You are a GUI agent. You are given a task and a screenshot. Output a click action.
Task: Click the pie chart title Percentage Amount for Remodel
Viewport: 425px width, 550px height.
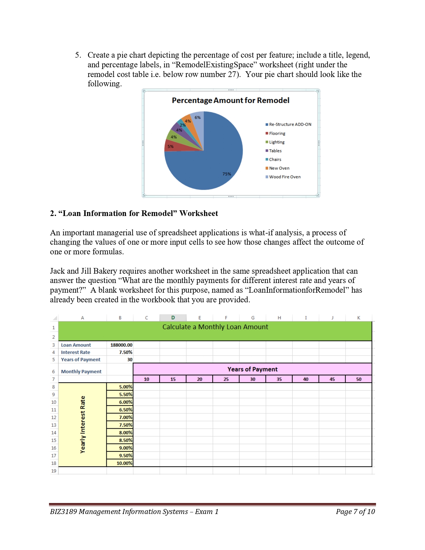click(x=230, y=100)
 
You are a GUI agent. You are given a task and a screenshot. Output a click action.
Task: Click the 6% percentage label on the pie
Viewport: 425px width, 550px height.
click(x=198, y=118)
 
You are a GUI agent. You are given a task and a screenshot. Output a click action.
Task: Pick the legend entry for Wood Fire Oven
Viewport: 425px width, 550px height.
click(x=284, y=177)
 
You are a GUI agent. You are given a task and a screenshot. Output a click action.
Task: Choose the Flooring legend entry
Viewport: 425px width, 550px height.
click(x=277, y=133)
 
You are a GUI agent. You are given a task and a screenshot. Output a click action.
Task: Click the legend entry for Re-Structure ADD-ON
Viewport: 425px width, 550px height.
click(x=290, y=124)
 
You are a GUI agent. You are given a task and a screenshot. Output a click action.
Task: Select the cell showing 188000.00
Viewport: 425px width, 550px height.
click(x=121, y=345)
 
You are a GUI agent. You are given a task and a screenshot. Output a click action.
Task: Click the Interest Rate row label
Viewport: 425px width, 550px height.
click(x=76, y=352)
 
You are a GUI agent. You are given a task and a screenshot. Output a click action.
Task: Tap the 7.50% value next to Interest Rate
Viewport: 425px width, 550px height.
click(x=125, y=352)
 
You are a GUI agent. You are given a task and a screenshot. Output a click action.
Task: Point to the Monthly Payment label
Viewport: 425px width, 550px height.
click(x=81, y=372)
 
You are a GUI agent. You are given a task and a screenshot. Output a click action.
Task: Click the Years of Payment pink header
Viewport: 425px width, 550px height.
click(x=252, y=369)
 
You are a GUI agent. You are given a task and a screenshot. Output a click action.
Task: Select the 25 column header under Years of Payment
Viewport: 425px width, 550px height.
click(x=226, y=379)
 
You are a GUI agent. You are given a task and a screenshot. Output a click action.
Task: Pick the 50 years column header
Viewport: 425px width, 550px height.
click(x=359, y=379)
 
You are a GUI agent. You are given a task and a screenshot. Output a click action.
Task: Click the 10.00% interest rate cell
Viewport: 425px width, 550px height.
click(x=124, y=463)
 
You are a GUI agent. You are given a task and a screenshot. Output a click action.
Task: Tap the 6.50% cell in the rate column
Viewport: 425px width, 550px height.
click(x=125, y=410)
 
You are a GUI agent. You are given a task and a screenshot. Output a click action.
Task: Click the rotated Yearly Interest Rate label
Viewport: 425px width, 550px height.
click(x=83, y=425)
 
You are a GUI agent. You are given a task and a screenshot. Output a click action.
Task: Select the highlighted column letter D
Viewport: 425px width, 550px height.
click(x=173, y=318)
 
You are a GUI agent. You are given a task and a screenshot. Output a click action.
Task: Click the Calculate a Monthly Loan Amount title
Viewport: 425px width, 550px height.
click(x=215, y=327)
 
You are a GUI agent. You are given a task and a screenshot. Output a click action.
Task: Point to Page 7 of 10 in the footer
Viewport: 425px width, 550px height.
click(x=355, y=512)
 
